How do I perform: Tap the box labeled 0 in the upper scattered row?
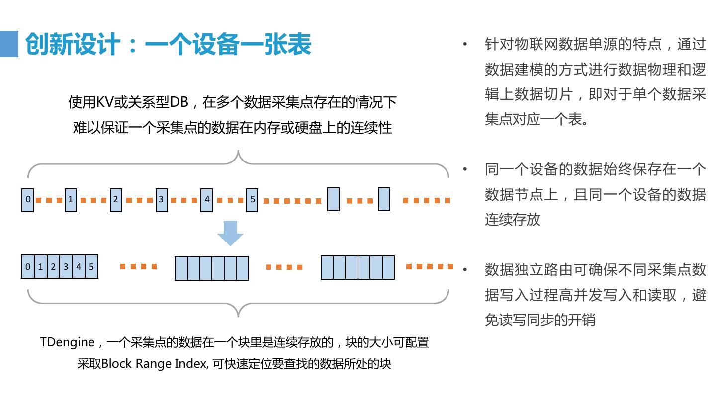click(x=28, y=200)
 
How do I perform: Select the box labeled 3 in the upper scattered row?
click(x=161, y=200)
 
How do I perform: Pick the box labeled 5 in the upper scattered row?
click(x=252, y=200)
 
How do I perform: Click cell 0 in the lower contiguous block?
click(x=28, y=267)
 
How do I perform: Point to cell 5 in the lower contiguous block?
click(x=91, y=267)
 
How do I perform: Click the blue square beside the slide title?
click(x=9, y=44)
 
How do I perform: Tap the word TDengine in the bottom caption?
click(x=67, y=342)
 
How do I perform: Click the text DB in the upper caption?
click(x=179, y=103)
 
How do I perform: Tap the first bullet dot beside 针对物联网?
click(x=465, y=44)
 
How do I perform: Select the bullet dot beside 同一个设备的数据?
click(x=465, y=169)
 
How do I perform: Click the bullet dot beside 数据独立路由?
click(x=465, y=270)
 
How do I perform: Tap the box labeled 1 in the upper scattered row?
click(x=71, y=200)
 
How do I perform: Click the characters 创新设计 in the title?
click(x=73, y=44)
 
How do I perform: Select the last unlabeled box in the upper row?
click(x=384, y=199)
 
